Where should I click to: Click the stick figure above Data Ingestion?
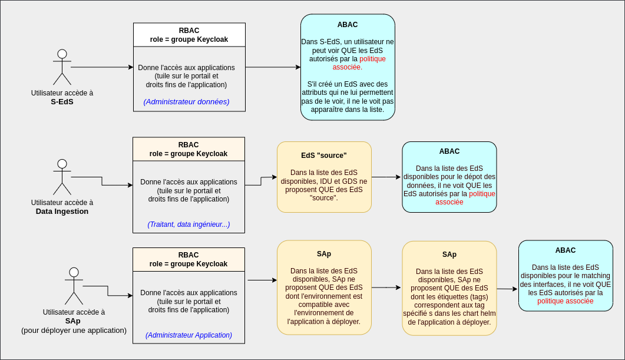(62, 177)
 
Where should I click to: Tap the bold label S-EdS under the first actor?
(62, 101)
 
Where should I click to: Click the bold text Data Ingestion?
(62, 211)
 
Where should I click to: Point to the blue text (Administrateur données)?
(186, 101)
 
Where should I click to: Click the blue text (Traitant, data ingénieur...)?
(189, 224)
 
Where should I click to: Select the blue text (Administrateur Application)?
(189, 335)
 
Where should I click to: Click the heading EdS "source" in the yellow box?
(324, 156)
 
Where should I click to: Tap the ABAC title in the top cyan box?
(348, 25)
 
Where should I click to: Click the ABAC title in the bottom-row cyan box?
(566, 250)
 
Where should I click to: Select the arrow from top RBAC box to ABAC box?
(273, 67)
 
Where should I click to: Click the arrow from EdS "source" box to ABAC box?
(386, 177)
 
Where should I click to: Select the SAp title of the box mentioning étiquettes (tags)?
(449, 255)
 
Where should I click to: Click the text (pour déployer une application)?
(74, 330)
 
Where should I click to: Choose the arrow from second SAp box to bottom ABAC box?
(507, 289)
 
